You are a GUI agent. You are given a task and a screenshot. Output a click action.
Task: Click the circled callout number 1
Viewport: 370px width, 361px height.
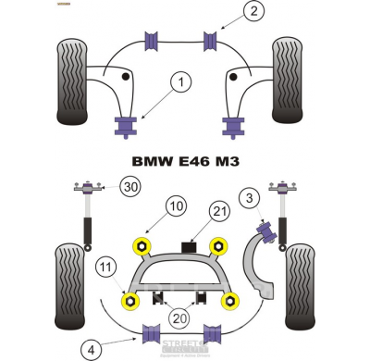[x=182, y=83]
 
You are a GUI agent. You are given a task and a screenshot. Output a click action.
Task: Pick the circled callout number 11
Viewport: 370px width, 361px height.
[x=106, y=269]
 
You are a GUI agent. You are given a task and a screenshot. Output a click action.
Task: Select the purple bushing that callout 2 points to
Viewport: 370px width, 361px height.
[x=212, y=43]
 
